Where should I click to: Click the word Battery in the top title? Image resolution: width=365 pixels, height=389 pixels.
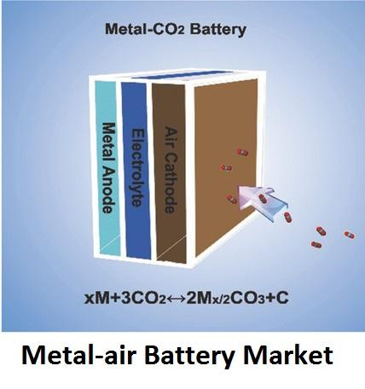(x=217, y=30)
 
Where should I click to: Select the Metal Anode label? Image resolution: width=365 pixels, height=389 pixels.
(x=109, y=168)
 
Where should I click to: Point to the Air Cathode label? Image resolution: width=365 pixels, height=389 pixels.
(x=171, y=170)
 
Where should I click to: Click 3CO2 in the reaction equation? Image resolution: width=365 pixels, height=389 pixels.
(x=143, y=299)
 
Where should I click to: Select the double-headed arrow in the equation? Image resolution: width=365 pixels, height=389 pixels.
(x=177, y=299)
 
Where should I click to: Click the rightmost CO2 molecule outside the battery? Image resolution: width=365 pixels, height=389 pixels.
(x=349, y=235)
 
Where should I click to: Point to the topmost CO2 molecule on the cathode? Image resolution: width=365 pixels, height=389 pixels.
(x=242, y=153)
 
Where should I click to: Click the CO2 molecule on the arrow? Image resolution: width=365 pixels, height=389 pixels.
(x=262, y=198)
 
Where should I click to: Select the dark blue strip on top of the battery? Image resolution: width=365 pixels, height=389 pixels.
(x=182, y=75)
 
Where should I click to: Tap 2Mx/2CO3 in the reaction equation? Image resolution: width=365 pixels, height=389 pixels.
(x=227, y=299)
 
